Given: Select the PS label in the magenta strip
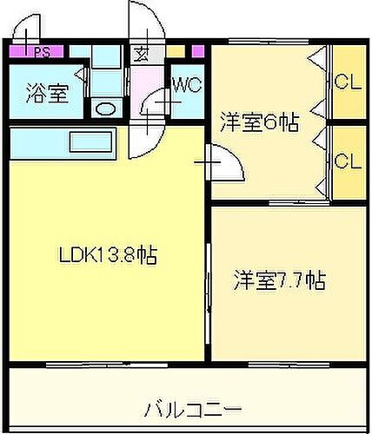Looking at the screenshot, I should click(x=40, y=51).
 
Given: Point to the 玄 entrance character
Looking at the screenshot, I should click(x=140, y=51).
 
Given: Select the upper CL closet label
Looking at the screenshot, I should click(x=347, y=84).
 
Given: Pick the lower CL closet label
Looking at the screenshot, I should click(x=347, y=161).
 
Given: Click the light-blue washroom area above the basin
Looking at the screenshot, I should click(x=107, y=78).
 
